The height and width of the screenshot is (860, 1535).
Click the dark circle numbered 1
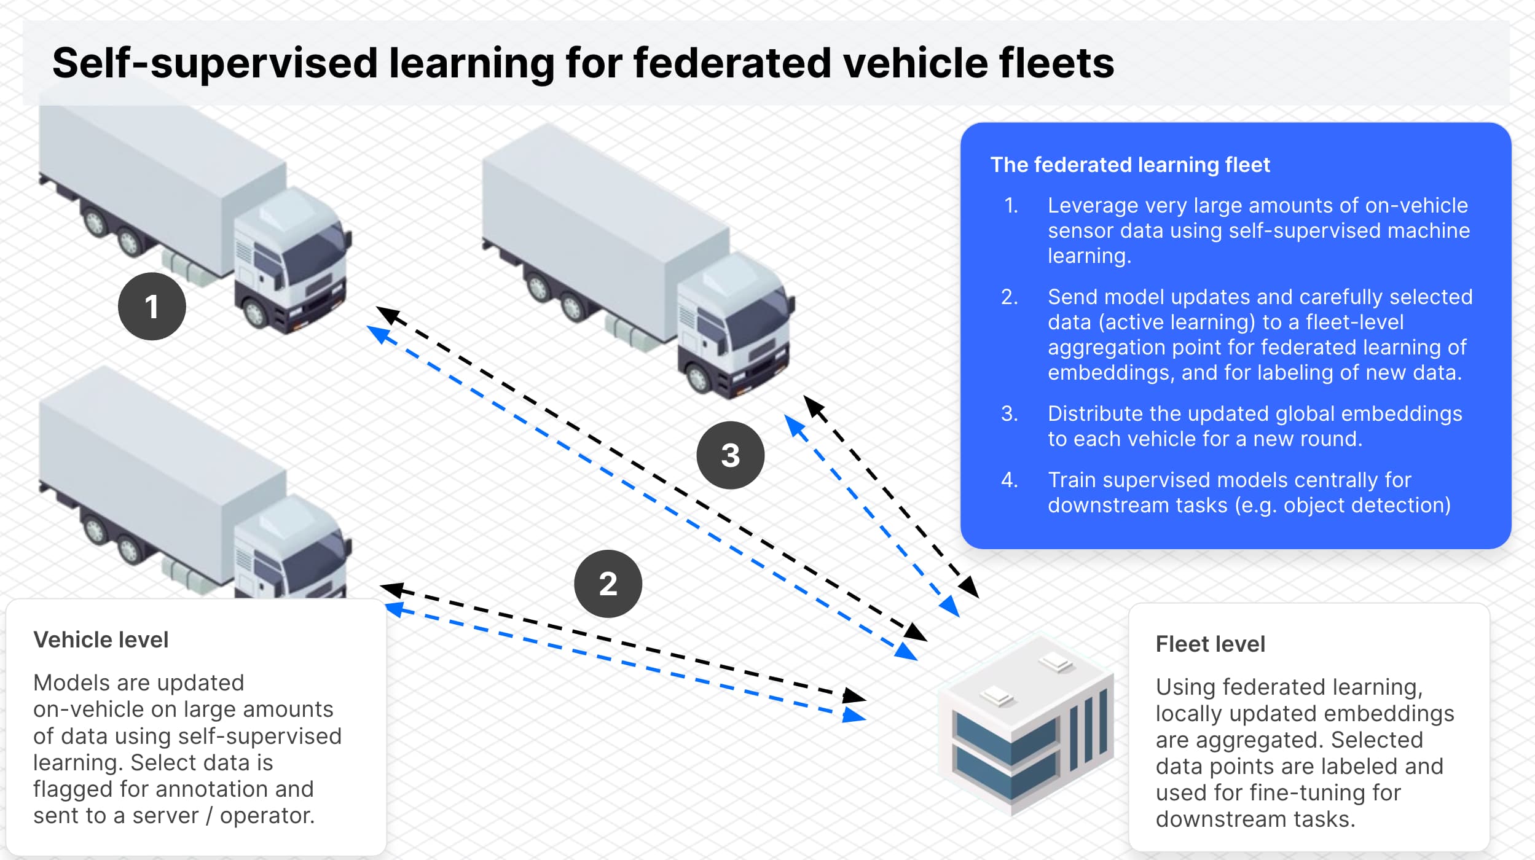pyautogui.click(x=152, y=307)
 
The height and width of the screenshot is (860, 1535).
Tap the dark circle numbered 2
pyautogui.click(x=608, y=584)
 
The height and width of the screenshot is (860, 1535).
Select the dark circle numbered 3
pyautogui.click(x=730, y=455)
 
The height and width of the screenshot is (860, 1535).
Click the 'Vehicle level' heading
pyautogui.click(x=101, y=640)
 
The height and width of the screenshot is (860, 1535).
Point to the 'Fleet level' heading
pyautogui.click(x=1210, y=644)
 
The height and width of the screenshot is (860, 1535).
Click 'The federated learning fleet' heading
pyautogui.click(x=1129, y=165)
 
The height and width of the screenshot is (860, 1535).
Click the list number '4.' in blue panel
pyautogui.click(x=1010, y=480)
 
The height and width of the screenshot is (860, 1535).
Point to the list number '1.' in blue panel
pyautogui.click(x=1011, y=205)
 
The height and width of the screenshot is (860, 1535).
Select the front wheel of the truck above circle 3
pyautogui.click(x=699, y=378)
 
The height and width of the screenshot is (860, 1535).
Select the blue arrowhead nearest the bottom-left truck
pyautogui.click(x=393, y=609)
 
